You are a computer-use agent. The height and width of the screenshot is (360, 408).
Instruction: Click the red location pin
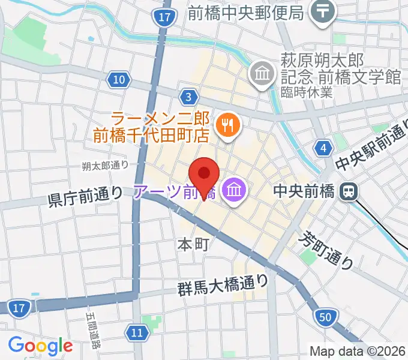pos(204,174)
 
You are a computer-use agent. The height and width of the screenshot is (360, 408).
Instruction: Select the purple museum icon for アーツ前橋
pos(232,191)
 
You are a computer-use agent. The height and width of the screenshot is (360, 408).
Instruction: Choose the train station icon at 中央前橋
pos(347,191)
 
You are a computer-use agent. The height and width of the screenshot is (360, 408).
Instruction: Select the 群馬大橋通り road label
pos(223,281)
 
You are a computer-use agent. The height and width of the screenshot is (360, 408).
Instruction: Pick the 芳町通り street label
pos(326,249)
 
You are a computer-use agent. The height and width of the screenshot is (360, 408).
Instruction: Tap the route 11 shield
pos(137,332)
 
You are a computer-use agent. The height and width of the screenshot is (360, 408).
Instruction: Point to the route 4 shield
pos(325,148)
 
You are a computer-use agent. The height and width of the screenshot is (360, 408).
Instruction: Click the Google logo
pos(40,346)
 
